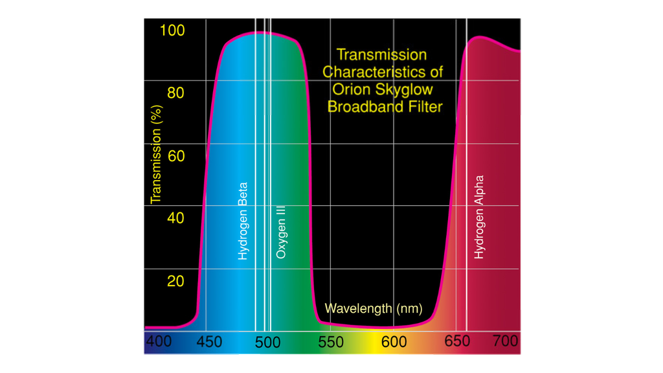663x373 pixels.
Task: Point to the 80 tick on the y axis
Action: (175, 93)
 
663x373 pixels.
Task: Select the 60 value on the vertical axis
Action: (175, 156)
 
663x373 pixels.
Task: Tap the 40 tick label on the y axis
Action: (175, 218)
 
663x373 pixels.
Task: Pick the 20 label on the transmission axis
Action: (175, 281)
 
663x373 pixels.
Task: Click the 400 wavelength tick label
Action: (159, 341)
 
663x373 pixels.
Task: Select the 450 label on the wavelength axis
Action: (208, 341)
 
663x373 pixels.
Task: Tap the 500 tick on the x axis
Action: (267, 342)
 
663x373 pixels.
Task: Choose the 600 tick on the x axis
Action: (394, 341)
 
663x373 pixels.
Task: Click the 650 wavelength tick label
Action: (457, 341)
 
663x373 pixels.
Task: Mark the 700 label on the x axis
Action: (505, 341)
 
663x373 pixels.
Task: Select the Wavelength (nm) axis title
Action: (373, 308)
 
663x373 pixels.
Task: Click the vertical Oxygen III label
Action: (281, 232)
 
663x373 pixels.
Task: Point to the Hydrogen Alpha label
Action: (479, 218)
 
